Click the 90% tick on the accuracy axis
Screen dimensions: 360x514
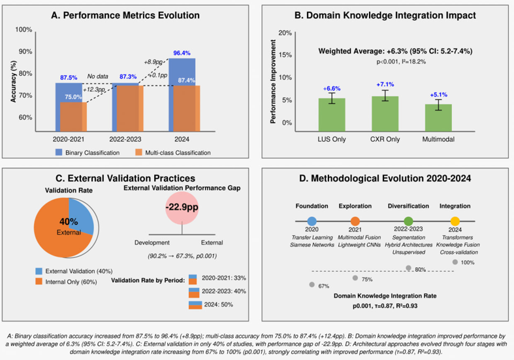[24, 52]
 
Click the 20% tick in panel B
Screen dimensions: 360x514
[284, 33]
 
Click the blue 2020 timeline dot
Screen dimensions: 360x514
[312, 221]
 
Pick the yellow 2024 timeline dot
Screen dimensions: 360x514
[455, 221]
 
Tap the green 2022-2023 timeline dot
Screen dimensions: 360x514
[408, 221]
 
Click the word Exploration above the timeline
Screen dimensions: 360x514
[355, 206]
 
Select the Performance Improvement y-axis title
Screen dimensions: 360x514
[273, 78]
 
